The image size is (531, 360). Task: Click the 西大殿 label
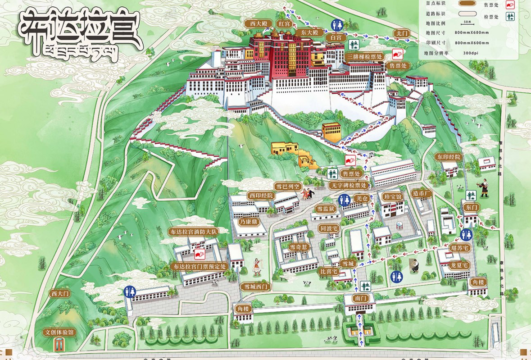point(256,23)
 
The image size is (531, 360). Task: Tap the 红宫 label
point(284,23)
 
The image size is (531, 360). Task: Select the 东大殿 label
point(310,32)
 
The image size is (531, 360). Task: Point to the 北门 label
point(401,33)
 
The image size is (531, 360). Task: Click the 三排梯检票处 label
point(365,57)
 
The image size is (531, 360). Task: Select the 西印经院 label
point(261,196)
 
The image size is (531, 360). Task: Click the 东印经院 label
point(448,157)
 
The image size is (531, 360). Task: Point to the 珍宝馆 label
point(392,196)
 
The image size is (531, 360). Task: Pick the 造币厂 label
point(422,193)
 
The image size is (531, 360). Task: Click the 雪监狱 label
point(325,209)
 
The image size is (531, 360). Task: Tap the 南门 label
point(359,298)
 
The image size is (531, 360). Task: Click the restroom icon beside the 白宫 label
point(336,24)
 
